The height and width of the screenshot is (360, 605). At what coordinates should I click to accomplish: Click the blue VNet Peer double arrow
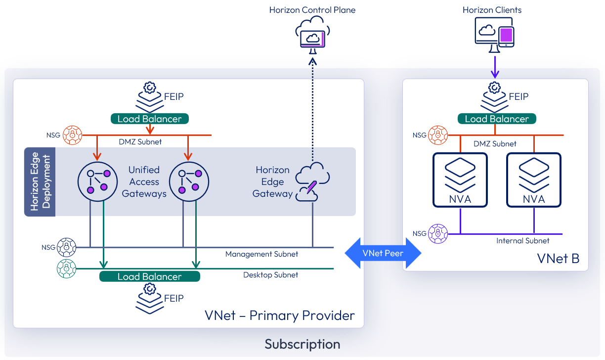pos(383,253)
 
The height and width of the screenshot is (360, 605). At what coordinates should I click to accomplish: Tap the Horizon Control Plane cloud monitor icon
pos(312,34)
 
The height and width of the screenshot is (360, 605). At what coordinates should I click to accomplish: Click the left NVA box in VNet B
pos(460,180)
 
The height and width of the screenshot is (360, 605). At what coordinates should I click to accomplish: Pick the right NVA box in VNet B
pos(534,180)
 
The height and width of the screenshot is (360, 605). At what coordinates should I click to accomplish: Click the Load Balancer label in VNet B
pos(496,119)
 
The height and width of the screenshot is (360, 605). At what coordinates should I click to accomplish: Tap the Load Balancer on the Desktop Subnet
pos(149,276)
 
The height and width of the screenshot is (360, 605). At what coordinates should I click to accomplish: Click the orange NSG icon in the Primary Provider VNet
pos(72,135)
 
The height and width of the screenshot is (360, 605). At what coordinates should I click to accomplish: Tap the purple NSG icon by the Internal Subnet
pos(438,233)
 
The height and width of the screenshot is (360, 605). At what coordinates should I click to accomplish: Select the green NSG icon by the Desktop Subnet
pos(66,269)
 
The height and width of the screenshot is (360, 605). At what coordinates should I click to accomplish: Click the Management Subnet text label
pos(261,254)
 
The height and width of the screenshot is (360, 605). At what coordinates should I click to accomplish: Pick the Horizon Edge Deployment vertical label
pos(40,182)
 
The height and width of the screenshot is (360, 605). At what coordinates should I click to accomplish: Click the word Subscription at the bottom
pos(302,344)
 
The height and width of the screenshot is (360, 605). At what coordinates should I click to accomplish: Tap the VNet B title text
pos(558,258)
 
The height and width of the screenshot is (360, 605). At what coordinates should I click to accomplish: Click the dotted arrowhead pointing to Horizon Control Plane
pos(312,61)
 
